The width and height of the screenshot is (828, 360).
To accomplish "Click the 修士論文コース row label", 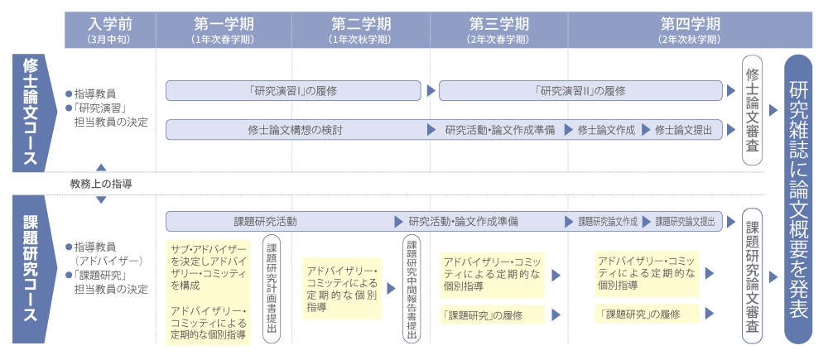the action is coord(31,113).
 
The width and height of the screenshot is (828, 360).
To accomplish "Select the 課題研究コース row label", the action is coord(31,269).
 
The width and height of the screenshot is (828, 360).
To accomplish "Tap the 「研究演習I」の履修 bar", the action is coord(293,90).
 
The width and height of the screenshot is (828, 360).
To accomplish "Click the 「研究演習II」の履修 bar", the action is coord(580,90).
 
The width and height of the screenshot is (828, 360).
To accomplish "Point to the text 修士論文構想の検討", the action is coord(296,130).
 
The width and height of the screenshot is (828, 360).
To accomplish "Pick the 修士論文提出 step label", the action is coord(683,130).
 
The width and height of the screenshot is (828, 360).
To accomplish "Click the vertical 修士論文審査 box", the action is coord(752,110).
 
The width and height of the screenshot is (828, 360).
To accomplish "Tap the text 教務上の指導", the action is coord(101,184).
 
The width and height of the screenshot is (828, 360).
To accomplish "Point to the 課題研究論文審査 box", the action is coord(752,276).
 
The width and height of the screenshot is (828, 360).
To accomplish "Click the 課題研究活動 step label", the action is coord(265,222).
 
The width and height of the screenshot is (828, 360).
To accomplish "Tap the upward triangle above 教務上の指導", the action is coord(101,167).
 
